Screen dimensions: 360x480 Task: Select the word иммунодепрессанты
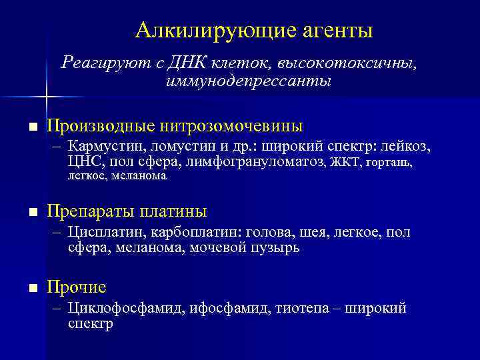click(x=247, y=81)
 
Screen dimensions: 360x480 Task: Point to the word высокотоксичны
click(x=347, y=63)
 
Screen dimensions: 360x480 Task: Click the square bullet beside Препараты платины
click(x=32, y=213)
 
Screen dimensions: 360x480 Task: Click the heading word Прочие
click(x=77, y=287)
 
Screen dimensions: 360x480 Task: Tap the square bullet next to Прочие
click(x=32, y=288)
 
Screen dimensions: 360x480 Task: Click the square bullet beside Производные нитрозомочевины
click(x=32, y=126)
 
